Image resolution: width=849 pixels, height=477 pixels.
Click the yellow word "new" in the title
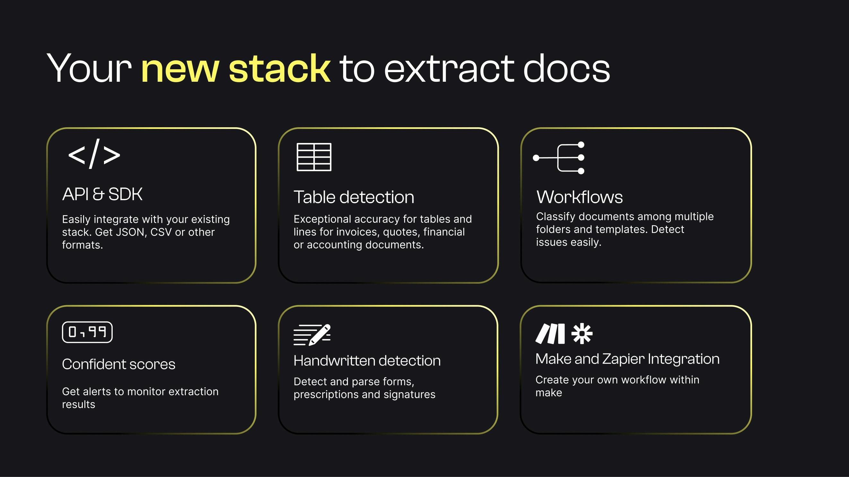click(x=180, y=69)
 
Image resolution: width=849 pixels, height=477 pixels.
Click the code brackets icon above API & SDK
click(x=94, y=154)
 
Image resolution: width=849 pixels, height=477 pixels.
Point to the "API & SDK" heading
click(x=102, y=194)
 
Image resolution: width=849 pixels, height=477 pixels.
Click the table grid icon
click(x=314, y=157)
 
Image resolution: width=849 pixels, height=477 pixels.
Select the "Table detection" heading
click(x=354, y=197)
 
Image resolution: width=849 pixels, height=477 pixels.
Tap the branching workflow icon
click(x=559, y=158)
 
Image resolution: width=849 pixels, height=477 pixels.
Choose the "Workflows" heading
click(x=579, y=197)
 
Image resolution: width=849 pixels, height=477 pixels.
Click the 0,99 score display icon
click(x=87, y=332)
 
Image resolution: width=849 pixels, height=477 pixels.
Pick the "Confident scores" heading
click(x=119, y=364)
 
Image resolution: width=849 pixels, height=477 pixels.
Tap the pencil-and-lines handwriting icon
click(x=312, y=334)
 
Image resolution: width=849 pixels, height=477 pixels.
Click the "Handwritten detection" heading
click(x=367, y=360)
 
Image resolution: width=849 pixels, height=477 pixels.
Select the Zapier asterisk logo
click(x=582, y=333)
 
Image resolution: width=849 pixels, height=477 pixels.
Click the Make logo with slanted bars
click(x=550, y=333)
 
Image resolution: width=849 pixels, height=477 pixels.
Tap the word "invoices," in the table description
click(x=354, y=232)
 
